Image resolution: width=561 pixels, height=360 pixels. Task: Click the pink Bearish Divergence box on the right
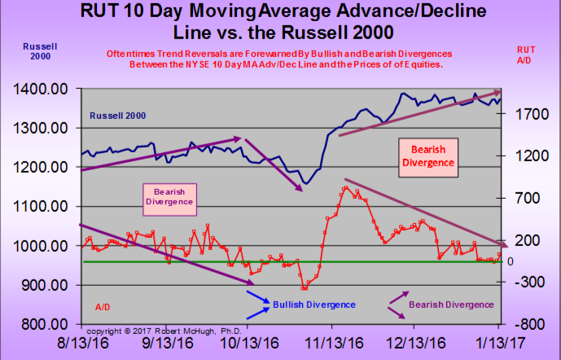(427, 156)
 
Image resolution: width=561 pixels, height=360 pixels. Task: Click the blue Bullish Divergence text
(313, 304)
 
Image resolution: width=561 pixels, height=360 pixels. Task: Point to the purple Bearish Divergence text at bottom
(452, 304)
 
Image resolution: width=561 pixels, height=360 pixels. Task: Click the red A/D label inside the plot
(103, 306)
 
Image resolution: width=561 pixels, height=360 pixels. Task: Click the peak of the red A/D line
(345, 188)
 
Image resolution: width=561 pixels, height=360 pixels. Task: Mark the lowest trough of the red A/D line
(305, 288)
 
